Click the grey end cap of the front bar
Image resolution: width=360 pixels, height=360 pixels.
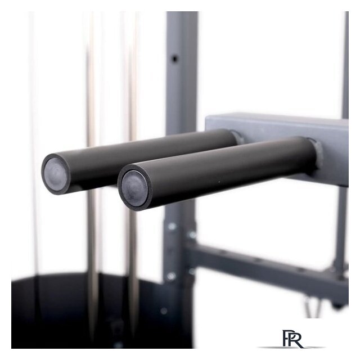click(134, 186)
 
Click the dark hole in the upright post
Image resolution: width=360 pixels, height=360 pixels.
click(175, 58)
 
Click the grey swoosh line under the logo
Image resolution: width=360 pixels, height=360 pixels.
click(291, 348)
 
